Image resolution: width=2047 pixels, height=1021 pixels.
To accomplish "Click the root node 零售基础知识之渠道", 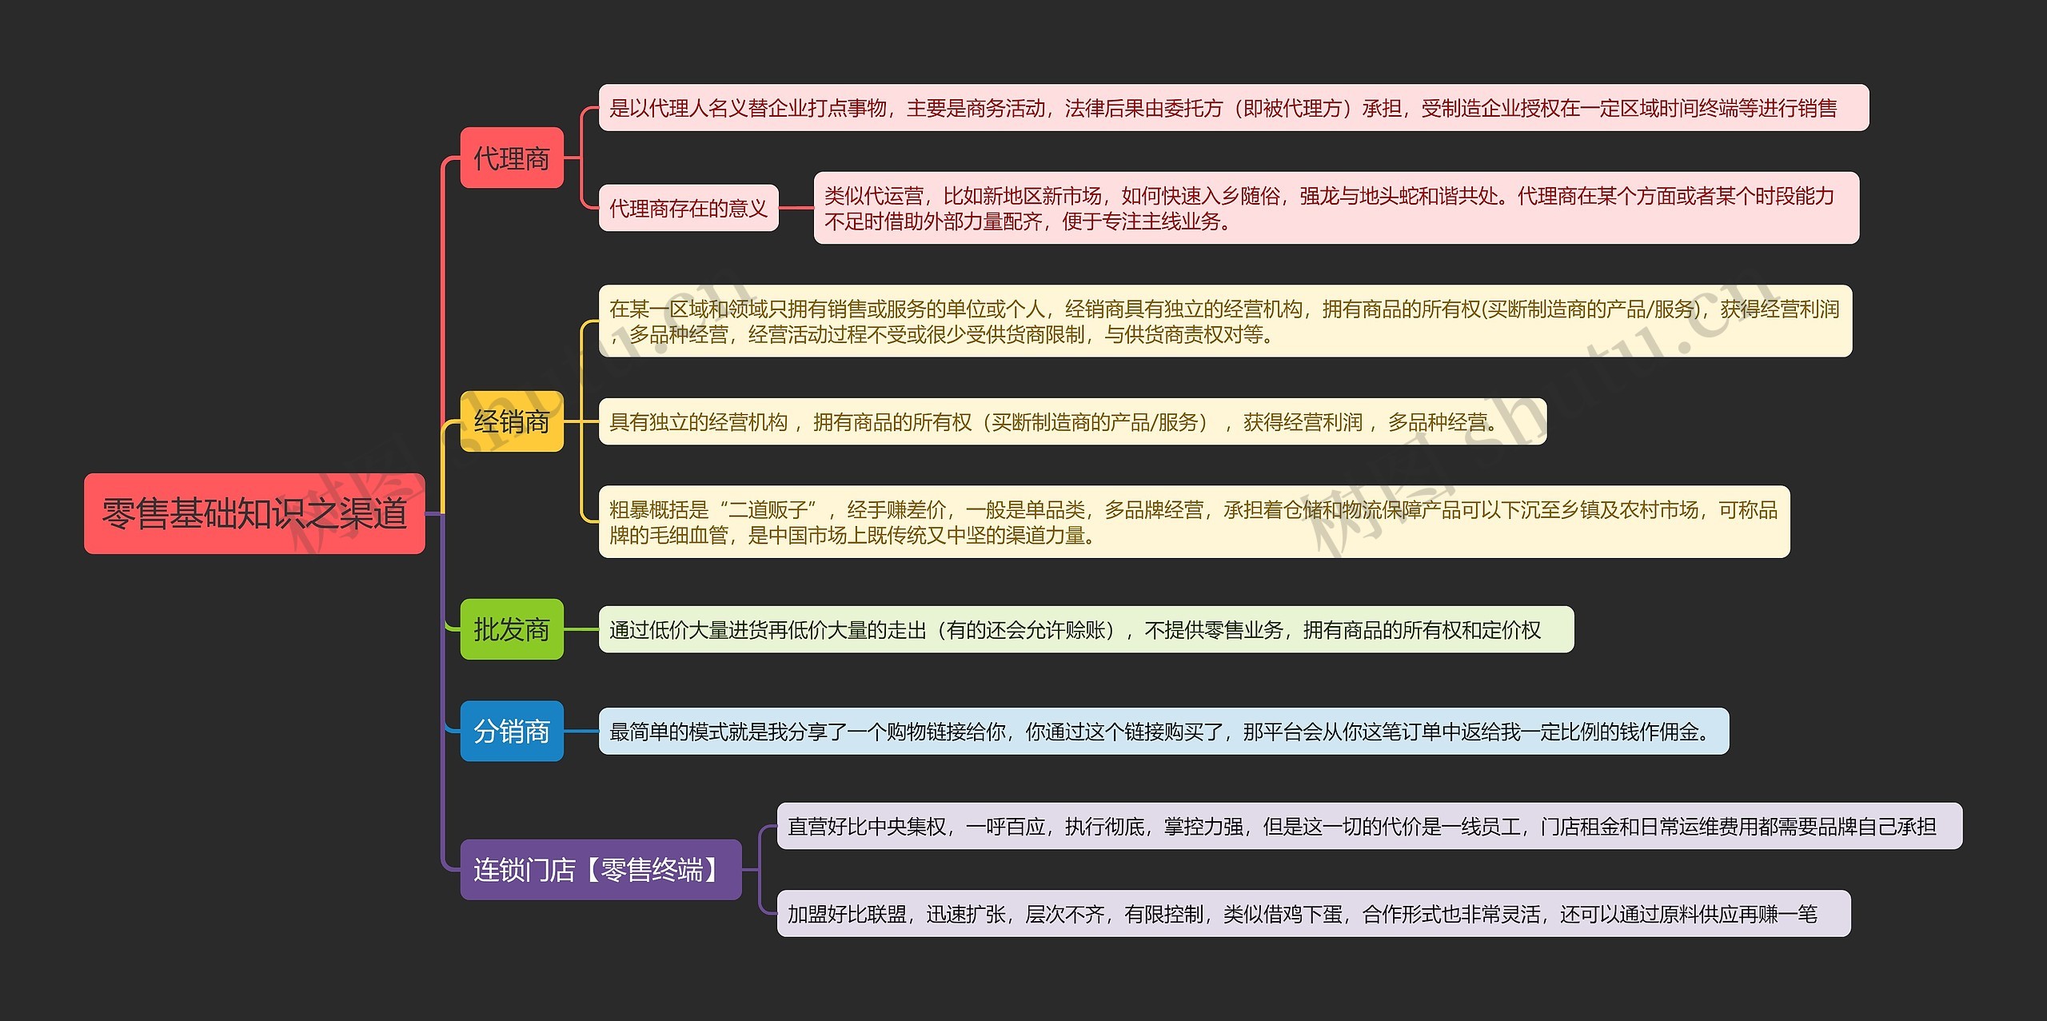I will click(x=254, y=513).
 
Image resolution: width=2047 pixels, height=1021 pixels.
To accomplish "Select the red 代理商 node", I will click(x=512, y=158).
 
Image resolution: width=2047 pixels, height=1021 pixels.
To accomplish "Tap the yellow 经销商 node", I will click(x=512, y=421).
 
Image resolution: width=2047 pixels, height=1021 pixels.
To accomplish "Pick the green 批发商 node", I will click(x=512, y=629).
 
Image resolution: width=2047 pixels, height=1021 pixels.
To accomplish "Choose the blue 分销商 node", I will click(x=512, y=731).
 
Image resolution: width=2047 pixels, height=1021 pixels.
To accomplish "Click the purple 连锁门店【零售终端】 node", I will click(x=601, y=869).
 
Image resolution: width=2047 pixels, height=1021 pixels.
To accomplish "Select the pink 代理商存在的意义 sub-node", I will click(x=688, y=209).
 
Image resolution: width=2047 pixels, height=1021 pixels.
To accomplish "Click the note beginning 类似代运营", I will click(x=1335, y=208).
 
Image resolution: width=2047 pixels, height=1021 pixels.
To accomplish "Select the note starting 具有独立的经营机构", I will click(x=1072, y=422).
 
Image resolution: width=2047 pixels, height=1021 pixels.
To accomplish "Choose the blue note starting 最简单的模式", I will click(x=1163, y=732).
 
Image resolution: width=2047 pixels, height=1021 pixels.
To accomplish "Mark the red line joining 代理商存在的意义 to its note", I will click(x=796, y=209).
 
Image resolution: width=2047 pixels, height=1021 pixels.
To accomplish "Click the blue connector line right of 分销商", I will click(x=581, y=731).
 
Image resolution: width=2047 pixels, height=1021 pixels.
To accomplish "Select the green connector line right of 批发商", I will click(x=581, y=629).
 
